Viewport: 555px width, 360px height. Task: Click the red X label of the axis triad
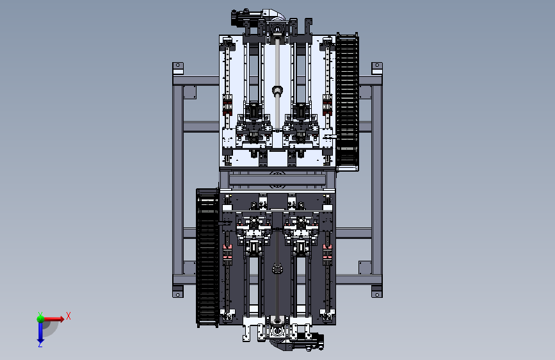[x=68, y=316]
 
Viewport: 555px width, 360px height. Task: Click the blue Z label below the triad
[x=40, y=344]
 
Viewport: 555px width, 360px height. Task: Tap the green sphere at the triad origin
[x=40, y=319]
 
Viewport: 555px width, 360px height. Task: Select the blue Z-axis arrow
[x=40, y=332]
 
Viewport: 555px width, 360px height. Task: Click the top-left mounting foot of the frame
[x=178, y=69]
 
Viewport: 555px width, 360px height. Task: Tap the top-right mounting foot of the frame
[x=377, y=69]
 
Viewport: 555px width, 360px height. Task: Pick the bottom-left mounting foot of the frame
[x=178, y=291]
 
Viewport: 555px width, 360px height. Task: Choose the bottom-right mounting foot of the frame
[x=377, y=291]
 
